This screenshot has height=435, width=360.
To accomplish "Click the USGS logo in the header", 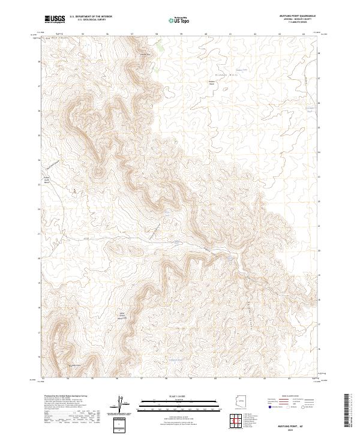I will click(55, 19).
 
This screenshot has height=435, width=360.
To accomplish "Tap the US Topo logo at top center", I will click(181, 19).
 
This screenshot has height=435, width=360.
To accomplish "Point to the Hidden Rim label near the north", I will click(144, 53).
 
